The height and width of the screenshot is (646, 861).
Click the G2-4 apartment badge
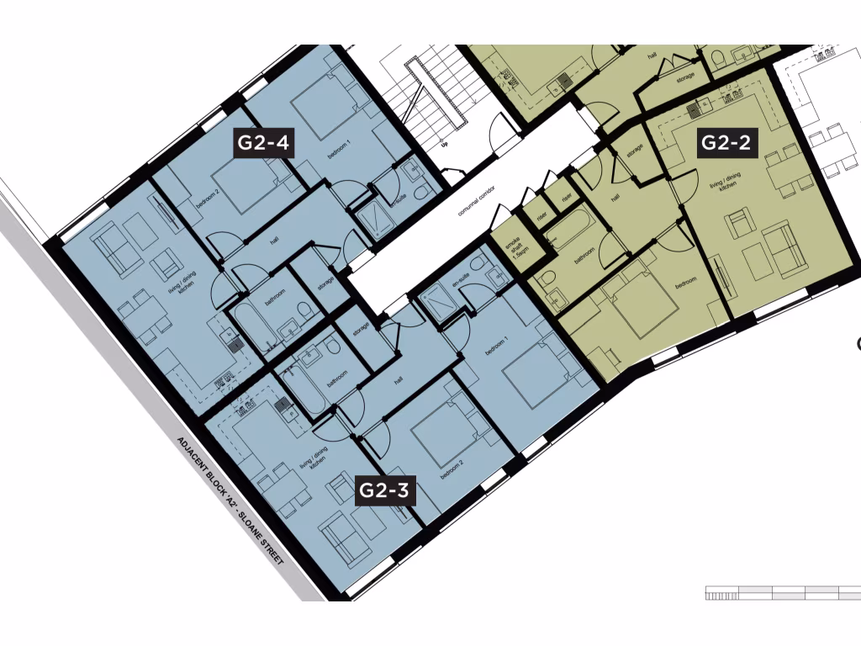click(x=263, y=143)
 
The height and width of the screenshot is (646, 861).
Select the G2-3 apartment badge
click(x=384, y=490)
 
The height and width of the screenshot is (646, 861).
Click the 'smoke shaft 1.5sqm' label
click(x=513, y=247)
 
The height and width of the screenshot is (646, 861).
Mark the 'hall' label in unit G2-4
click(x=273, y=240)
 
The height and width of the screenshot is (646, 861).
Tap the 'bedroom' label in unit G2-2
click(x=686, y=283)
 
